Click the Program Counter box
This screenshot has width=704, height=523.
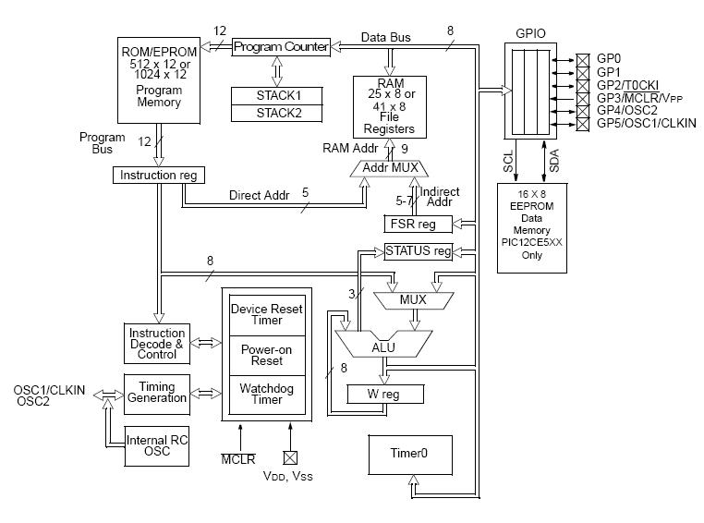tap(281, 46)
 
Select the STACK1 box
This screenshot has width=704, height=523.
tap(279, 95)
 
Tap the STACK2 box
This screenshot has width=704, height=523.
tap(279, 113)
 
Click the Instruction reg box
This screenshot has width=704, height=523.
tap(158, 175)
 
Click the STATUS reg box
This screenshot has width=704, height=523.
tap(419, 250)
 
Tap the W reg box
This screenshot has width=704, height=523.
tap(384, 395)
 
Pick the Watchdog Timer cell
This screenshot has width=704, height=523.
tap(261, 395)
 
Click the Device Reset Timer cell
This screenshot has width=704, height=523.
tap(261, 314)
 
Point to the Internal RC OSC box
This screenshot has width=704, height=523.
tap(157, 446)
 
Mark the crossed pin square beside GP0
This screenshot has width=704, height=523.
tap(582, 57)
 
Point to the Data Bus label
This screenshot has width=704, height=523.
tap(385, 38)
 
